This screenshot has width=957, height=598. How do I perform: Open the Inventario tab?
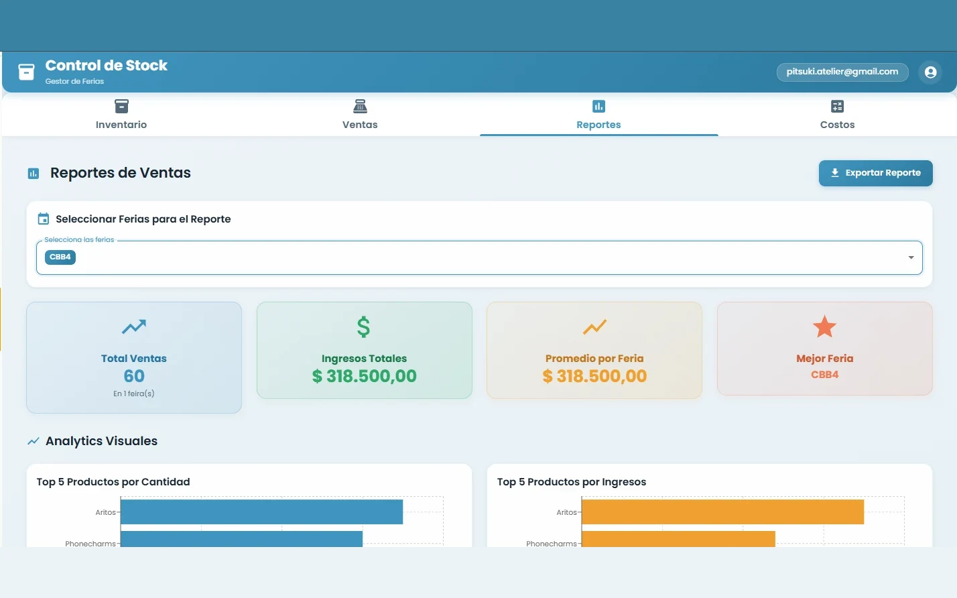pyautogui.click(x=121, y=115)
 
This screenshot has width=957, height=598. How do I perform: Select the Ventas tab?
pyautogui.click(x=360, y=115)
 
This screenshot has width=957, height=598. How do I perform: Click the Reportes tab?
pyautogui.click(x=598, y=115)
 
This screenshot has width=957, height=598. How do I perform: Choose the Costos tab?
pyautogui.click(x=837, y=115)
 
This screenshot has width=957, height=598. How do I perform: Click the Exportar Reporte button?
pyautogui.click(x=875, y=173)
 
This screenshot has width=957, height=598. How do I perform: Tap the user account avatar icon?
pyautogui.click(x=930, y=72)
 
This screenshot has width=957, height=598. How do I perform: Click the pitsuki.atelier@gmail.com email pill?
pyautogui.click(x=842, y=72)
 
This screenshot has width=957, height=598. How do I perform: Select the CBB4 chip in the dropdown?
pyautogui.click(x=60, y=257)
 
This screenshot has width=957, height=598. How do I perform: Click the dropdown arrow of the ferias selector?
pyautogui.click(x=911, y=257)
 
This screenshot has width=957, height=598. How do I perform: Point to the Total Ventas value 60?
pyautogui.click(x=134, y=376)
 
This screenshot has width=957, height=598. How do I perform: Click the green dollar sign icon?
pyautogui.click(x=364, y=327)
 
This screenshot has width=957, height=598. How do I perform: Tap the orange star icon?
pyautogui.click(x=824, y=326)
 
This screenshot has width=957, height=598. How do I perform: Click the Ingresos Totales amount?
pyautogui.click(x=364, y=376)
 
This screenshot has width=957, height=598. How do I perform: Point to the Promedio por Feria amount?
pyautogui.click(x=594, y=376)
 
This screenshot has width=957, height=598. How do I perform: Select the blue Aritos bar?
pyautogui.click(x=261, y=512)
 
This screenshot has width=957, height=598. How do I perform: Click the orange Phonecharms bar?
pyautogui.click(x=678, y=539)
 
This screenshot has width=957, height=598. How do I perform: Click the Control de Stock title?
pyautogui.click(x=107, y=66)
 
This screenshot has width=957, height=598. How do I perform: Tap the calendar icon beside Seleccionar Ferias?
pyautogui.click(x=43, y=219)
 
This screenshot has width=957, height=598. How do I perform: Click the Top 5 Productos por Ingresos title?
pyautogui.click(x=572, y=482)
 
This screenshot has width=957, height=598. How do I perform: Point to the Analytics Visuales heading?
pyautogui.click(x=101, y=440)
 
